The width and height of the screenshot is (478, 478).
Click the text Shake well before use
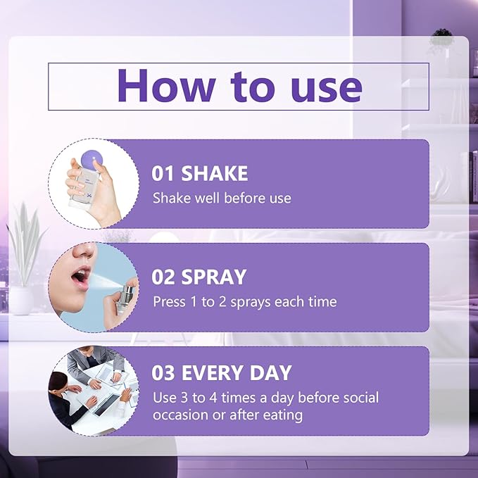coord(222,198)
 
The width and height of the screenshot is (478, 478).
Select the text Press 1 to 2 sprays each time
coord(244,301)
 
